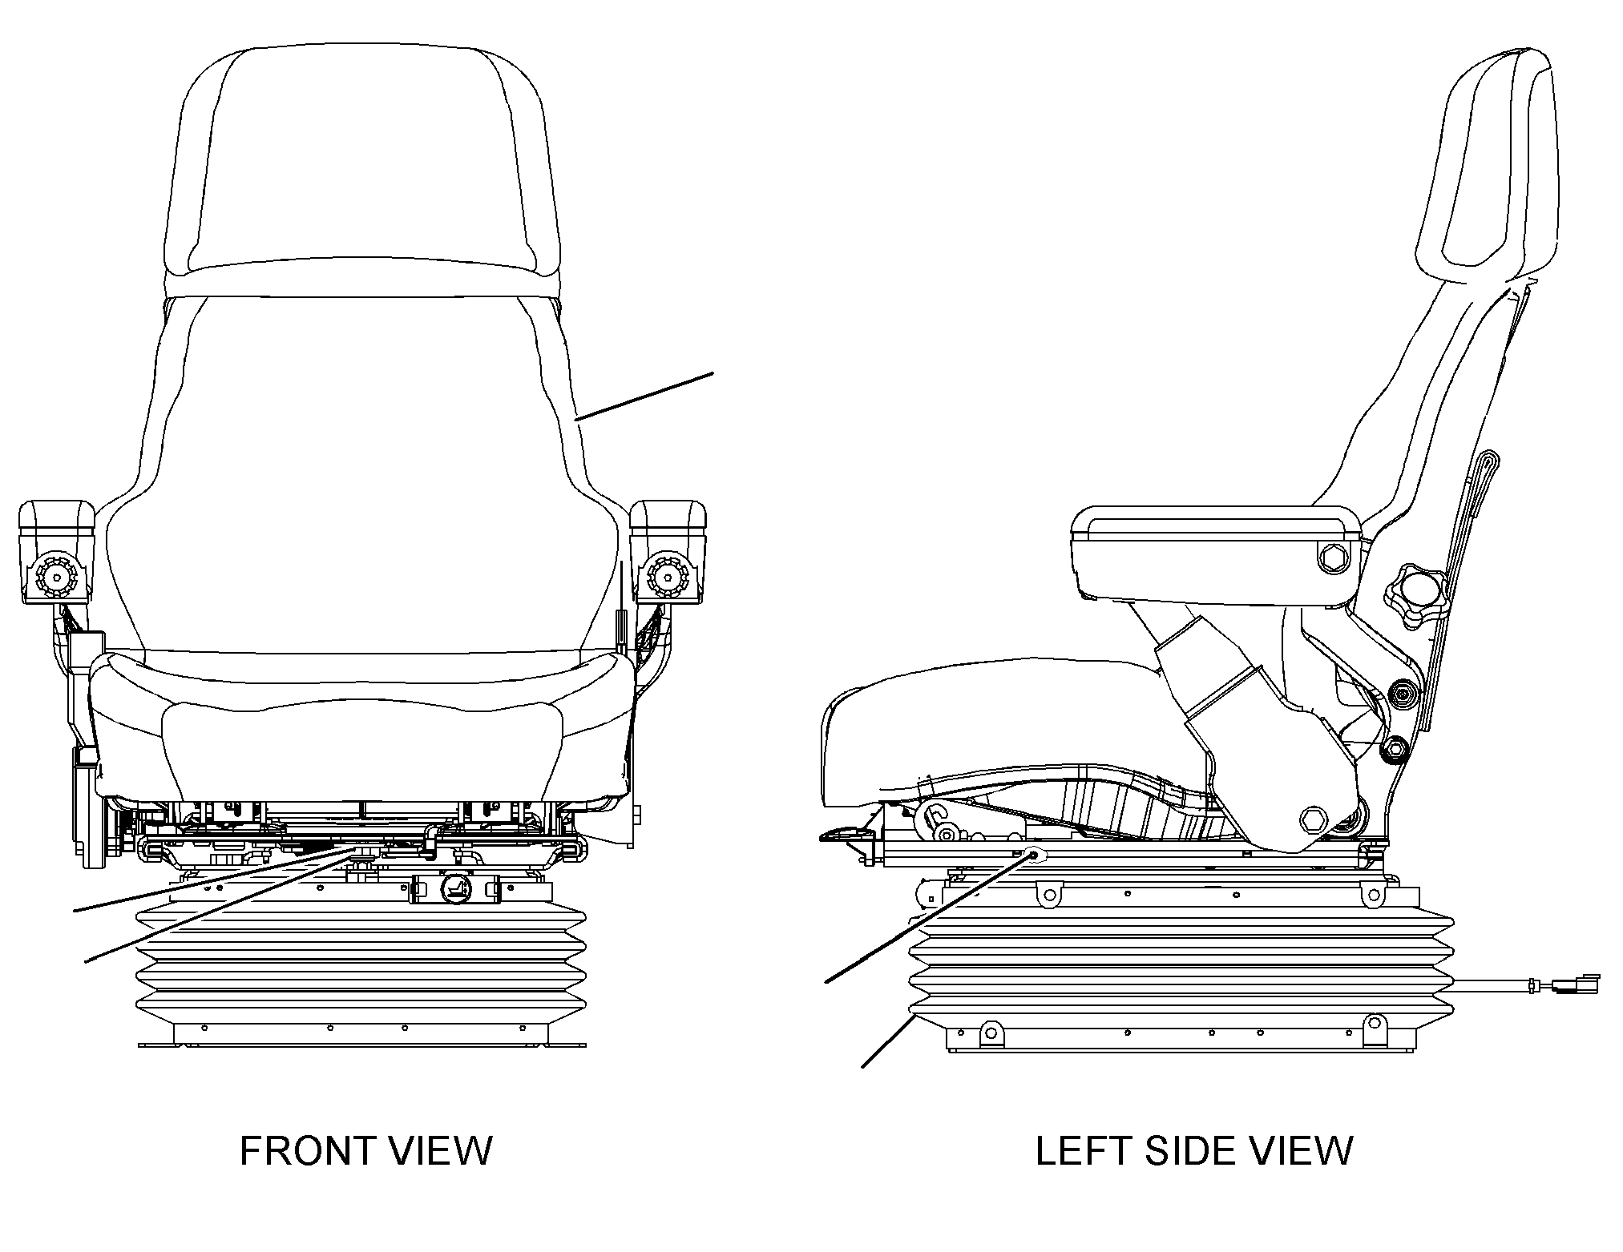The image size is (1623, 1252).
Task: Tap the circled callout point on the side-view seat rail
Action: pyautogui.click(x=1034, y=855)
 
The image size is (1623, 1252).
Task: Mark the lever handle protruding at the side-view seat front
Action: pyautogui.click(x=846, y=835)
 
